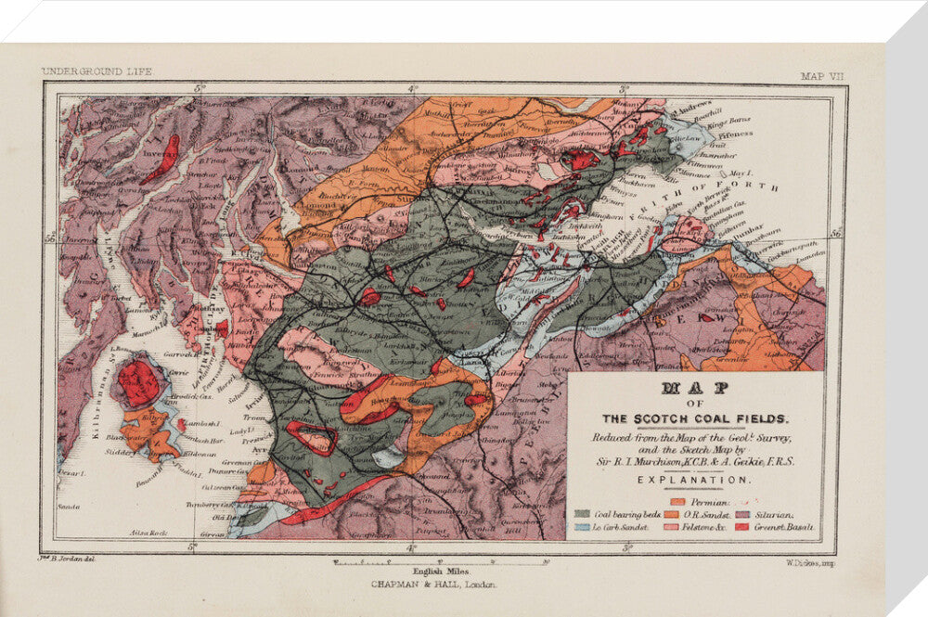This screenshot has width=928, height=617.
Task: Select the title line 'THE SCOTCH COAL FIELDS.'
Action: click(694, 417)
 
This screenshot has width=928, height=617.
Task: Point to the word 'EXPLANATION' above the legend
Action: click(694, 480)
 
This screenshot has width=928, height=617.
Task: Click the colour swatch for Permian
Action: click(677, 501)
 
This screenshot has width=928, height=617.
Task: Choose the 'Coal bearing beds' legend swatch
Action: click(582, 514)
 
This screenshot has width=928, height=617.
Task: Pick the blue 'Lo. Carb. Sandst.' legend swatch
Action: click(582, 527)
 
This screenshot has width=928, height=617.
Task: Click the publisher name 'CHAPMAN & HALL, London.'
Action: click(433, 585)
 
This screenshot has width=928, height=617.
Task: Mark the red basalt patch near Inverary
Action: click(165, 160)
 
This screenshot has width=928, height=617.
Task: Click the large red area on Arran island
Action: click(139, 382)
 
